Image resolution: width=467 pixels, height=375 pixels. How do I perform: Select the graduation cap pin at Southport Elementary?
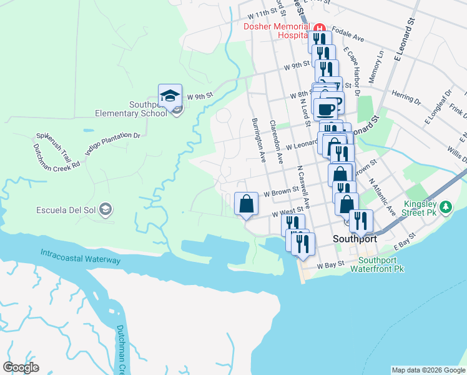170,96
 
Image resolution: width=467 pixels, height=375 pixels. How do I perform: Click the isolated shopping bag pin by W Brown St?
246,203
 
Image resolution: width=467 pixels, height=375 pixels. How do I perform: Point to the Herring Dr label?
406,96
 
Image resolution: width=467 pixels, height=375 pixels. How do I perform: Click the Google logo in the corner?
21,367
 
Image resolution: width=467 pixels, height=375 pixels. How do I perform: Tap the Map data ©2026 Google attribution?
428,370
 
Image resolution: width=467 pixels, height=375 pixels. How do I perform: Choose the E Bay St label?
403,239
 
